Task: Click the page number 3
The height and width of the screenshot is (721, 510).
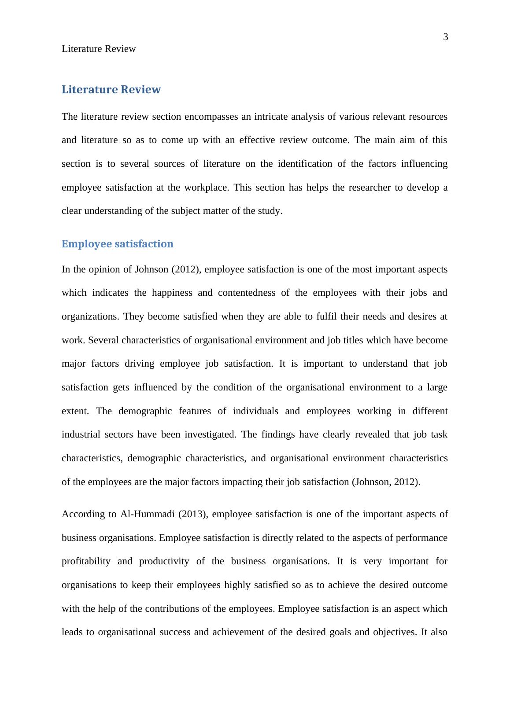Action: (445, 37)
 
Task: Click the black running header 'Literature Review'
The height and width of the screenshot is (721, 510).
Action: (99, 49)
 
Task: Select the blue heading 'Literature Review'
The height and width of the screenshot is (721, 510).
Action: (111, 90)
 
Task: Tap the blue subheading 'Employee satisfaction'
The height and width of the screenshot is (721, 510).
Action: (117, 244)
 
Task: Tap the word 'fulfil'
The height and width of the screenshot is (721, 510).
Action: (314, 316)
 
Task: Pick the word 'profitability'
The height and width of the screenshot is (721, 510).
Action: (86, 562)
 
